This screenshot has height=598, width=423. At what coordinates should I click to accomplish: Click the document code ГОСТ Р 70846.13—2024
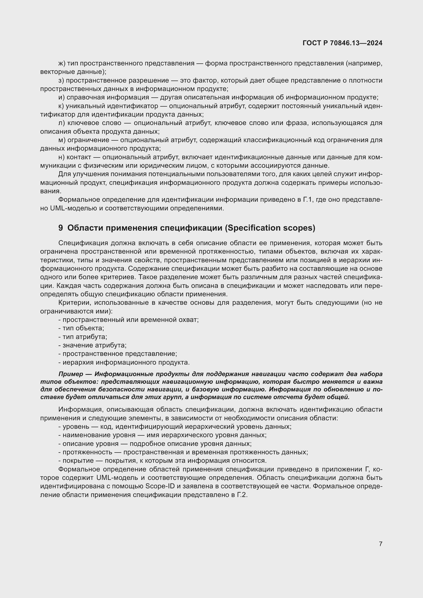[342, 43]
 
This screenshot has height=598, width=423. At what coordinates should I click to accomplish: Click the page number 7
[381, 544]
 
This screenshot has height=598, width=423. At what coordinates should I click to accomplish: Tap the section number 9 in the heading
[60, 228]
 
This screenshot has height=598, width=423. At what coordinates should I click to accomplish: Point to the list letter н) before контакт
[62, 157]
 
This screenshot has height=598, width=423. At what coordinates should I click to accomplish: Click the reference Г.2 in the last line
[242, 495]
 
